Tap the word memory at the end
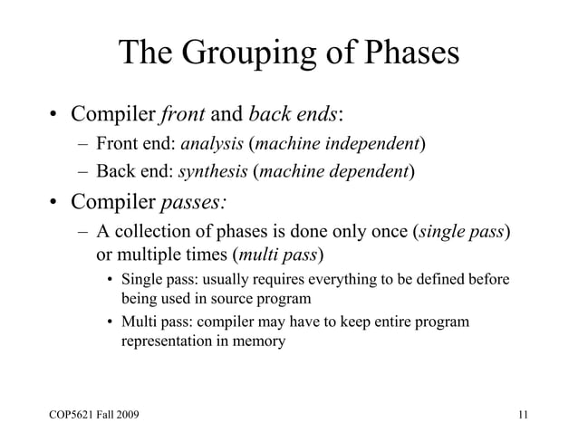click(258, 342)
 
